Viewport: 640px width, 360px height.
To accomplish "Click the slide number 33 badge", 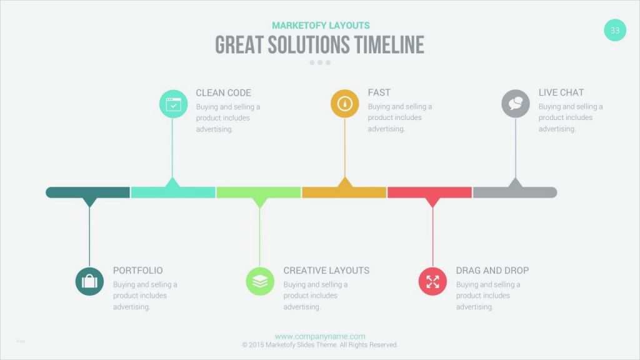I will (x=615, y=30).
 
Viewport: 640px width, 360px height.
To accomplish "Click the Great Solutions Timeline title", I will (x=319, y=45).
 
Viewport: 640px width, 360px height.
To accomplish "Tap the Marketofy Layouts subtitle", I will (x=321, y=26).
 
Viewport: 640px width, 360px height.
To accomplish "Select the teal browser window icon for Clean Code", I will (x=173, y=104).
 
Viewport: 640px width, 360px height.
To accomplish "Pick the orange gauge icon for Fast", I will (x=344, y=104).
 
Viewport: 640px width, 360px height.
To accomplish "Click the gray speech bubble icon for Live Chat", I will (x=516, y=104).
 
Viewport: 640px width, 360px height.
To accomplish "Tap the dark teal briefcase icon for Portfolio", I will (x=89, y=281).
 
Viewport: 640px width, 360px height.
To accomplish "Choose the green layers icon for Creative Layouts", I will (x=260, y=281).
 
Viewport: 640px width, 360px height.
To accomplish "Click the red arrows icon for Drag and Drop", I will (x=432, y=281).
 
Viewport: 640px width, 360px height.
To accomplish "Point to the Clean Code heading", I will (x=223, y=92).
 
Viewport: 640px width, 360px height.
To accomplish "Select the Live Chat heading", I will (x=561, y=92).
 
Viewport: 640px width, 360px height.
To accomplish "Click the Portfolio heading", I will (x=137, y=271).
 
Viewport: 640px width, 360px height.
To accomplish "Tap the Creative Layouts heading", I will (x=326, y=271).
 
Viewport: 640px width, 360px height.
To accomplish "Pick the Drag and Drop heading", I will (x=492, y=271).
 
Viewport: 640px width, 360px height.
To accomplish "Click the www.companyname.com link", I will (x=320, y=336).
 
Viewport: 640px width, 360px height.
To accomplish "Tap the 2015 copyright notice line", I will (x=320, y=345).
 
